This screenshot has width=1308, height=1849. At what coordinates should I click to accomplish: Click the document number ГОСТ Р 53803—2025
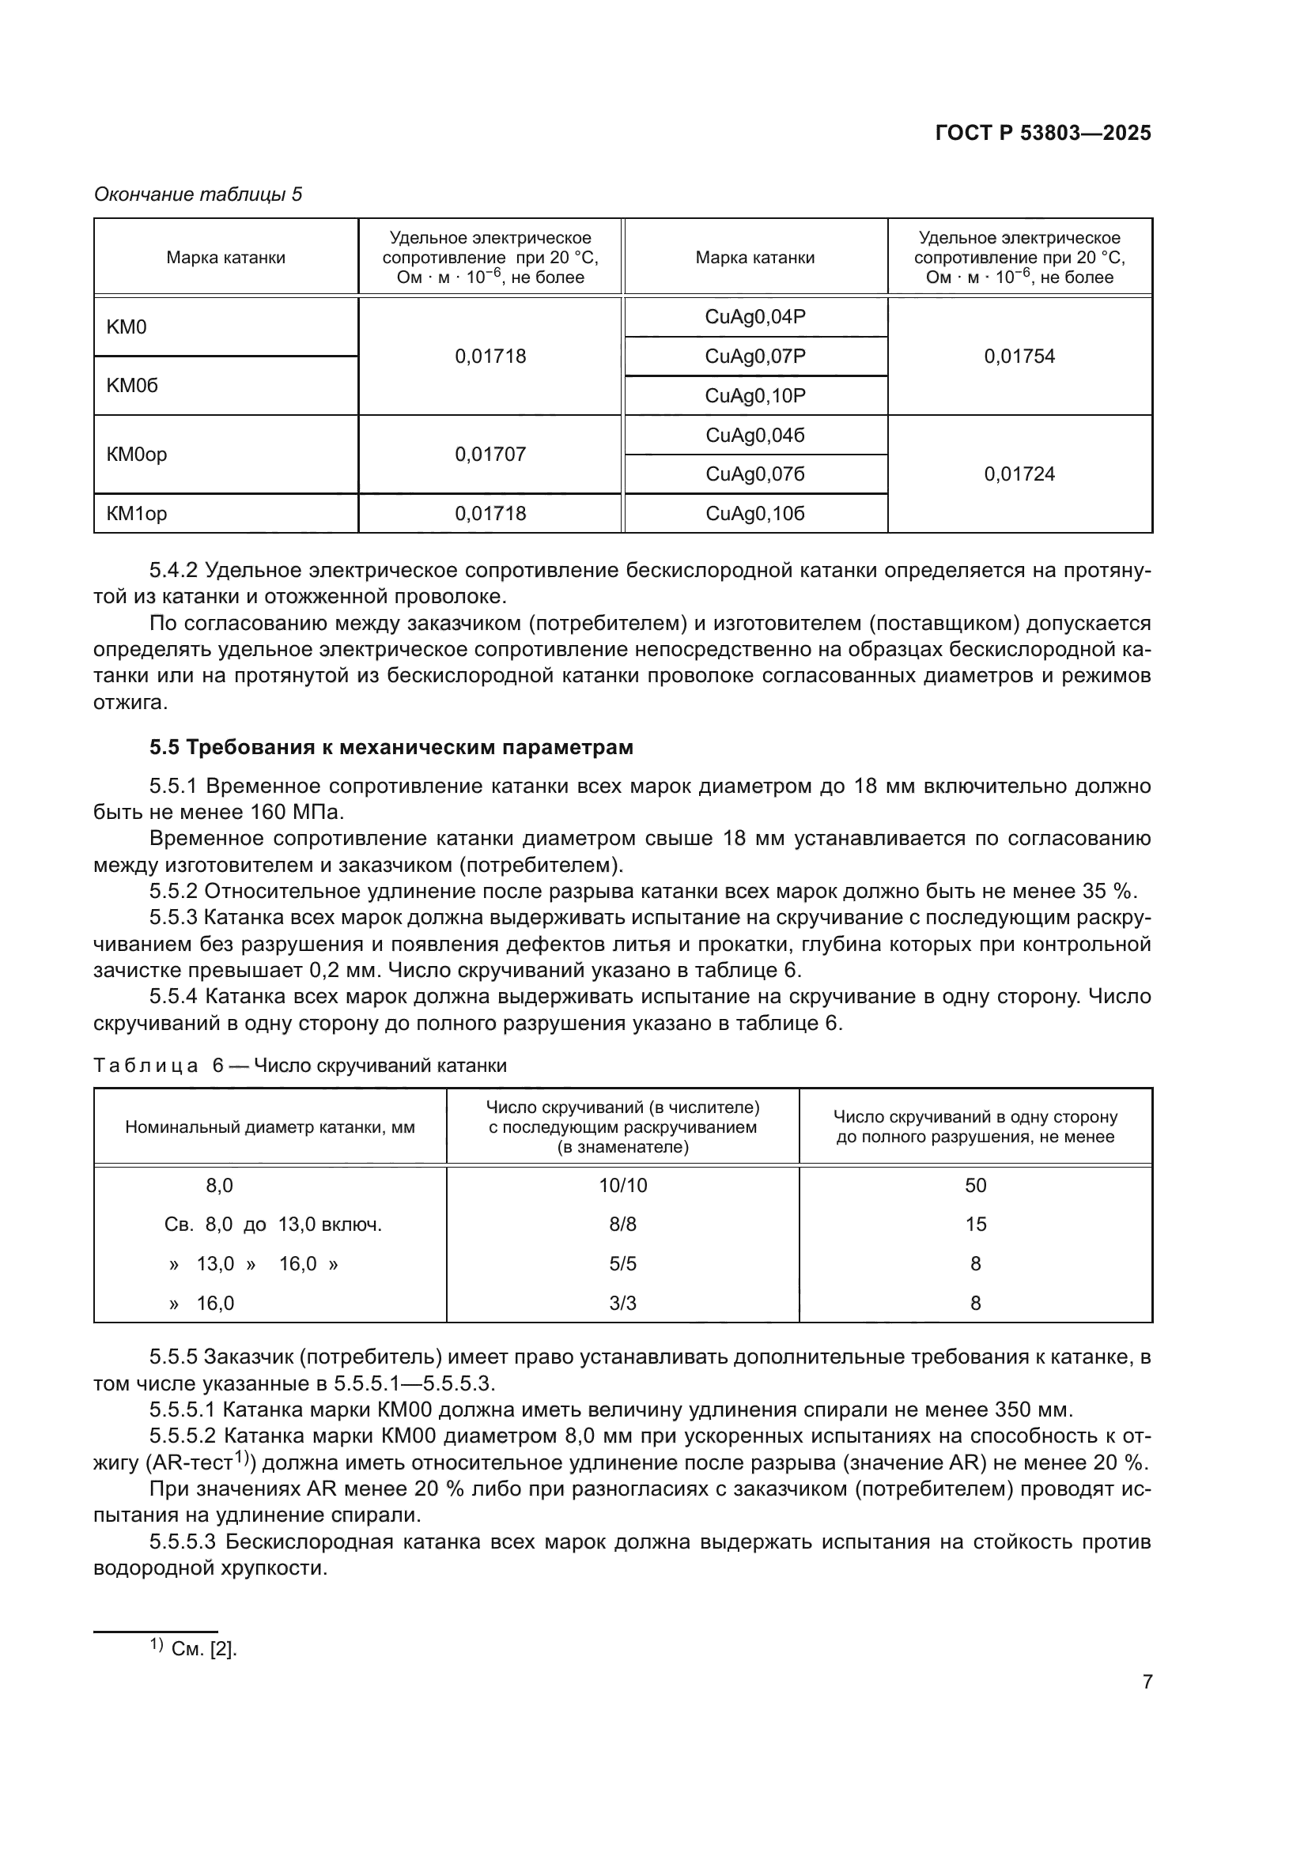[x=1043, y=134]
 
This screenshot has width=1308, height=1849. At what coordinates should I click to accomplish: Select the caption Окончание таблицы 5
[x=198, y=194]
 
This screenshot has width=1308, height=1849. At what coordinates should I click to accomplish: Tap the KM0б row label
[x=133, y=386]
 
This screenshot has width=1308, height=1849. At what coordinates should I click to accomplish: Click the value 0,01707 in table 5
[x=490, y=455]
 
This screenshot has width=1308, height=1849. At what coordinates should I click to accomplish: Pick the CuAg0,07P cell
[x=754, y=356]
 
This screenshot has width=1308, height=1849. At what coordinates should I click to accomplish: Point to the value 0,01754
[x=1019, y=356]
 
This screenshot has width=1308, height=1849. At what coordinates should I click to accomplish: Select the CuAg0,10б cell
[x=754, y=514]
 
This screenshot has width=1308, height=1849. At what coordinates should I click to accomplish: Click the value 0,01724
[x=1019, y=474]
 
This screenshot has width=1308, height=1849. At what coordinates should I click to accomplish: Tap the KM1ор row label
[x=137, y=514]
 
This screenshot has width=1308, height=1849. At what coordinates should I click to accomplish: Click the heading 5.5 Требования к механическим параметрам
[x=391, y=747]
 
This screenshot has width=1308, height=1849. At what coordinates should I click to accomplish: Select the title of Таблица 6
[x=301, y=1066]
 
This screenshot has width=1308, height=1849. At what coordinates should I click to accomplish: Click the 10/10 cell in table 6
[x=622, y=1186]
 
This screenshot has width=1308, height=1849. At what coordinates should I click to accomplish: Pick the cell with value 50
[x=975, y=1186]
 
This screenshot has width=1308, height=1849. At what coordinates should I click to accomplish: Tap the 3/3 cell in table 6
[x=622, y=1303]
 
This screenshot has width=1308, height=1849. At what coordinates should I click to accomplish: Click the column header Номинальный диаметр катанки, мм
[x=270, y=1127]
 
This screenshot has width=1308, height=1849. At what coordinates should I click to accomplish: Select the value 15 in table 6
[x=975, y=1224]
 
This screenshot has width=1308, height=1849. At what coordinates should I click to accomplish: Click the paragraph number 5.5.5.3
[x=183, y=1542]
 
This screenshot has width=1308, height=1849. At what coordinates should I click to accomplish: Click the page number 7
[x=1147, y=1681]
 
